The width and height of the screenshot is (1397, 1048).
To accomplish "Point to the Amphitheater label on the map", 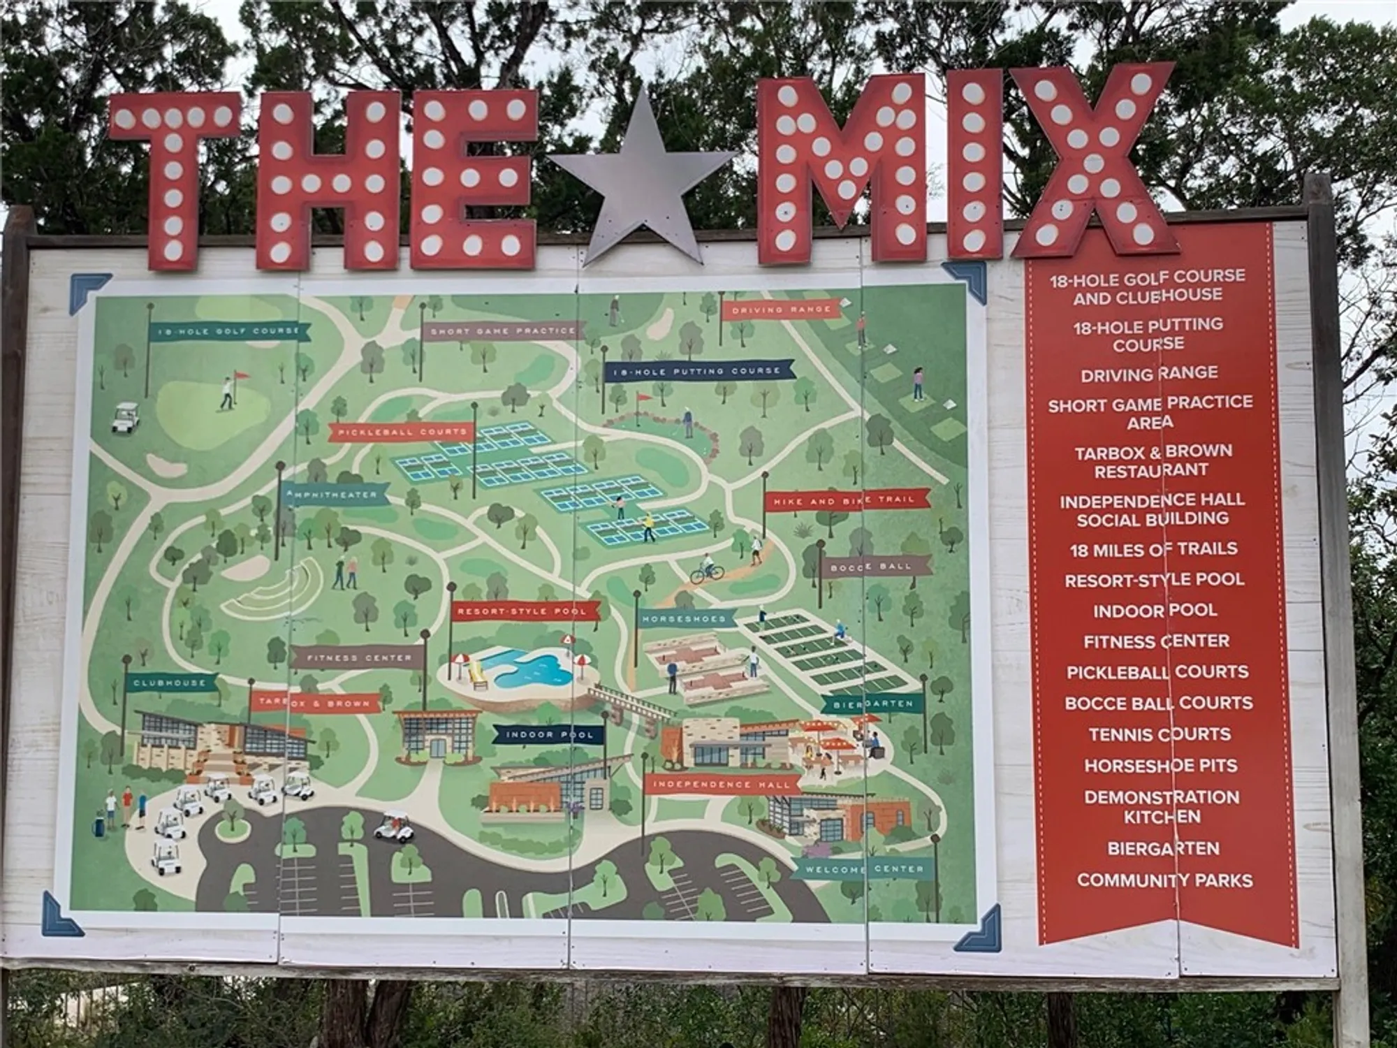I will (334, 495).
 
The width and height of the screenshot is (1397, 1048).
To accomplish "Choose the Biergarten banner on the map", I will (873, 704).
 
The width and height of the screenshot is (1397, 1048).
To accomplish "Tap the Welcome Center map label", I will (864, 870).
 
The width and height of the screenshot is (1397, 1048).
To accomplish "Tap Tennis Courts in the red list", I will (1160, 734).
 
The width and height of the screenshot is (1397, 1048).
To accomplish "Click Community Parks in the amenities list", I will (1164, 880).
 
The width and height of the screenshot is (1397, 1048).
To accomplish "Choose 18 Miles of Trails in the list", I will (1153, 550).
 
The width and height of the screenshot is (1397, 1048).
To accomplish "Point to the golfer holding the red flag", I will (227, 393).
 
